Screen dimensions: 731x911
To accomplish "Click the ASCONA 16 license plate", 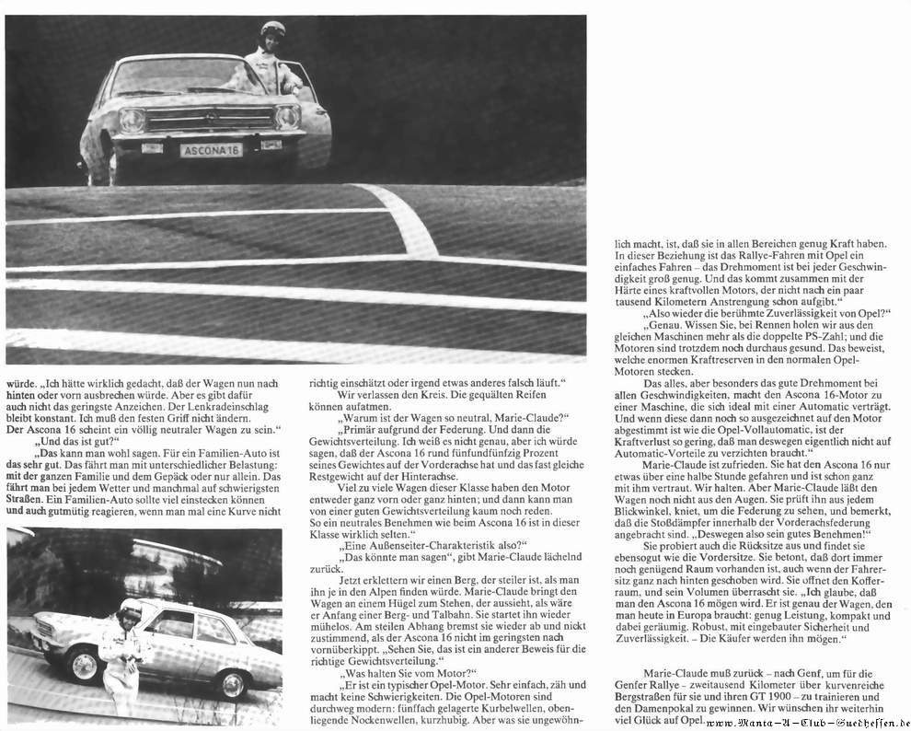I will [211, 149].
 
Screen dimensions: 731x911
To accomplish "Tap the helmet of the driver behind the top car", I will [272, 29].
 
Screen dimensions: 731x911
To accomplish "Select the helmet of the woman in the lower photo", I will [130, 609].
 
